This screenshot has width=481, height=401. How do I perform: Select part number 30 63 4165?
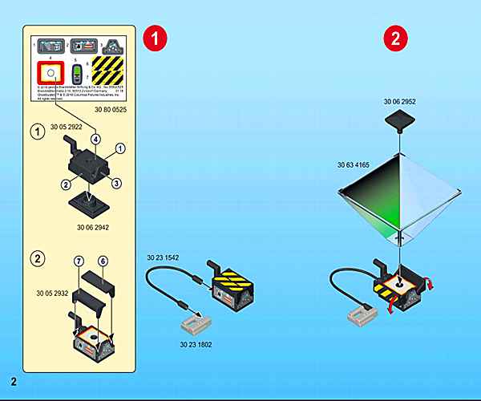[354, 164]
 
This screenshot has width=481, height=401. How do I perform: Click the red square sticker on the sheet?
[50, 75]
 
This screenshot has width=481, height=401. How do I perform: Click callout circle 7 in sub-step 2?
[79, 262]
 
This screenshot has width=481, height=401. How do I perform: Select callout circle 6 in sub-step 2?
[102, 262]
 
